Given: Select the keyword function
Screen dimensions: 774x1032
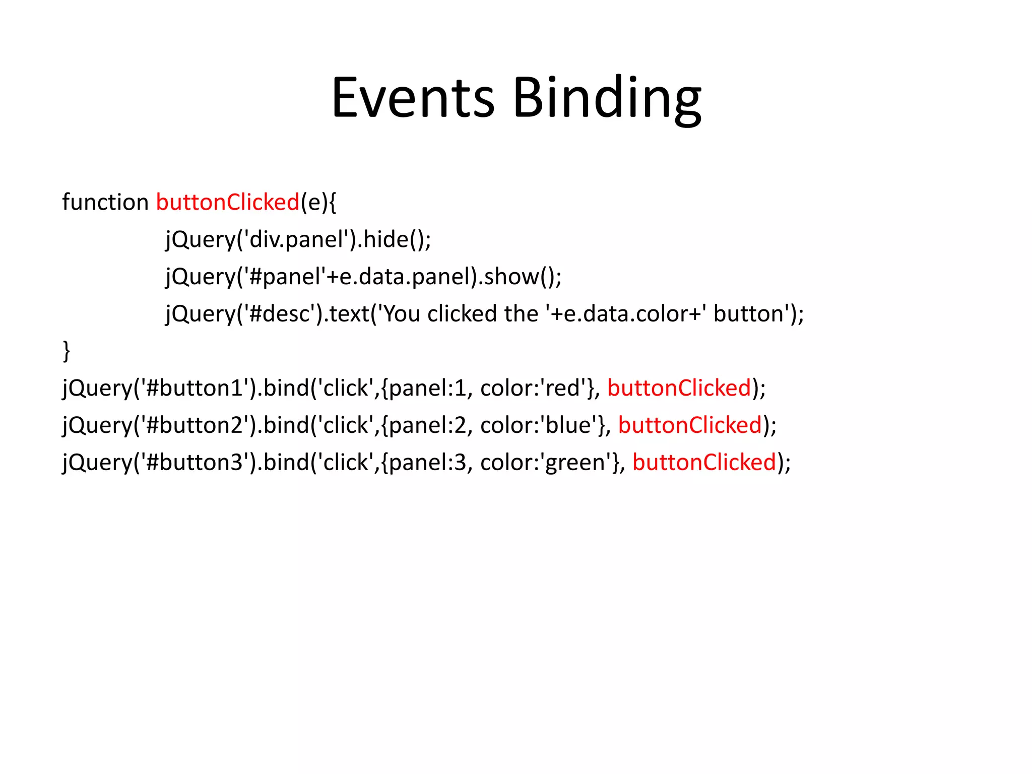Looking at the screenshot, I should tap(105, 203).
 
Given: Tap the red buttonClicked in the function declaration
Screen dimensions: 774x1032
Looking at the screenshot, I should tap(228, 203).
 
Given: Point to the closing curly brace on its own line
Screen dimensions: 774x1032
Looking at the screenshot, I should tap(66, 351).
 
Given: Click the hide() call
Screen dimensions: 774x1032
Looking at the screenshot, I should tap(394, 239).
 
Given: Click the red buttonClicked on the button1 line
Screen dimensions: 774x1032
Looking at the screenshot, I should tap(679, 388).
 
